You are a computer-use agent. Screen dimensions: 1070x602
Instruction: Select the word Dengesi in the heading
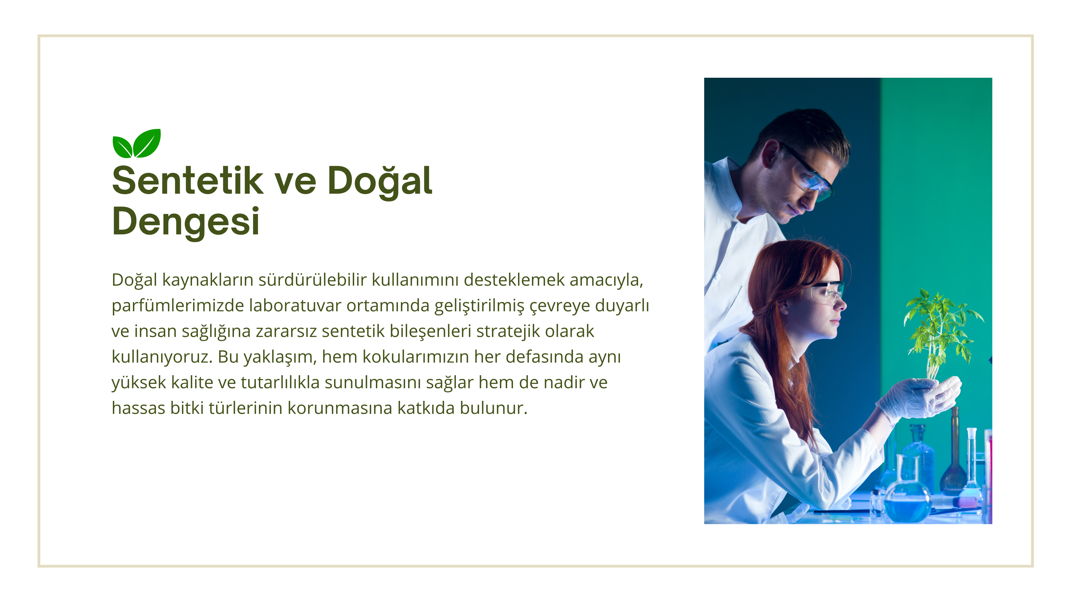coord(186,222)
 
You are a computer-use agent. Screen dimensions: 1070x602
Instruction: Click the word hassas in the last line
coord(139,408)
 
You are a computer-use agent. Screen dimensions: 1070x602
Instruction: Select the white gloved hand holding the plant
coord(920,398)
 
